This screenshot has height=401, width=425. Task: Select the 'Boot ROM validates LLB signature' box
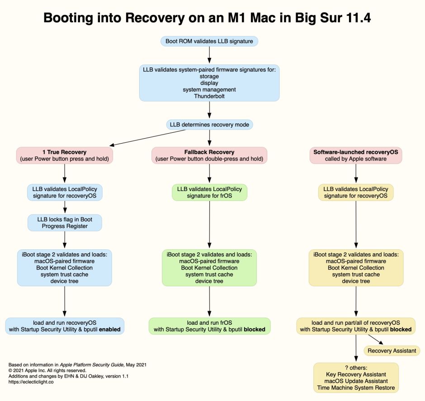pyautogui.click(x=209, y=41)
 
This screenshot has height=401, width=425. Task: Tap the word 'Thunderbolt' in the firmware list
pyautogui.click(x=209, y=96)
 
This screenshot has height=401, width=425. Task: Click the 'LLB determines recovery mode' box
pyautogui.click(x=209, y=124)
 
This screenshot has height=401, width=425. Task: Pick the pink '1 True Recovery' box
pyautogui.click(x=65, y=155)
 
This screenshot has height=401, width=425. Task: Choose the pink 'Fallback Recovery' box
pyautogui.click(x=209, y=155)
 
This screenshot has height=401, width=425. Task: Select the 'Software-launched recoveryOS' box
pyautogui.click(x=355, y=155)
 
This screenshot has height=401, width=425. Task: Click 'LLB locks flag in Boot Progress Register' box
pyautogui.click(x=64, y=223)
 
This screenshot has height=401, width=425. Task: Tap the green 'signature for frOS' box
pyautogui.click(x=209, y=192)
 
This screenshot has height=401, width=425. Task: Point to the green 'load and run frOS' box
pyautogui.click(x=209, y=326)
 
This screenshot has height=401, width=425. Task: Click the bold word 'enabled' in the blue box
pyautogui.click(x=110, y=330)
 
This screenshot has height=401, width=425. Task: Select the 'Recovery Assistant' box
pyautogui.click(x=392, y=351)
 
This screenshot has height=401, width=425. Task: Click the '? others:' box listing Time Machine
pyautogui.click(x=356, y=377)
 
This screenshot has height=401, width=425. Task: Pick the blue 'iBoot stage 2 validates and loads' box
pyautogui.click(x=65, y=267)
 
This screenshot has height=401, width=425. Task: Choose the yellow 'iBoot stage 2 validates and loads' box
pyautogui.click(x=356, y=267)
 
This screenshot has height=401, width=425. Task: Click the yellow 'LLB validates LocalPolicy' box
pyautogui.click(x=356, y=192)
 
